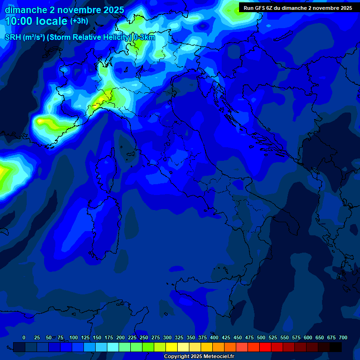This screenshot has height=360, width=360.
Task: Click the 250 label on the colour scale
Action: coord(144,337)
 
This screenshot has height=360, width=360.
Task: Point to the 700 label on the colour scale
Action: coord(343,337)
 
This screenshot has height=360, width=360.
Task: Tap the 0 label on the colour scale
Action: coord(24,337)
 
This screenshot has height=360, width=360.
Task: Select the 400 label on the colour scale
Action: coord(214,337)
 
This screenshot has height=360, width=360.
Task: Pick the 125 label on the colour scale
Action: coord(85,337)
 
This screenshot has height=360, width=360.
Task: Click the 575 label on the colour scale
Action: coord(296,337)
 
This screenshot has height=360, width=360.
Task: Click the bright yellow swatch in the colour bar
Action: coord(172,347)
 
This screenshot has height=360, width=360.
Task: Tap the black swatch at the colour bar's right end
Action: coord(336,347)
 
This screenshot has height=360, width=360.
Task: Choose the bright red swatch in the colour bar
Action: coord(265,347)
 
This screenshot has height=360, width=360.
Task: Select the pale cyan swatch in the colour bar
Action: coord(113,347)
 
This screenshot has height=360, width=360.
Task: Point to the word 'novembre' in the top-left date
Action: coord(80,10)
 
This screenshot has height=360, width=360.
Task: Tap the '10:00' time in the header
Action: coord(17,21)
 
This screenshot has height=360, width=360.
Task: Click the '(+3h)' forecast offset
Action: coord(79,21)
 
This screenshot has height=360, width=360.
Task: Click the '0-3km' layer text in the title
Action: coord(144,37)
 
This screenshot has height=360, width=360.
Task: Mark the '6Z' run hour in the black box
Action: coord(270,8)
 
